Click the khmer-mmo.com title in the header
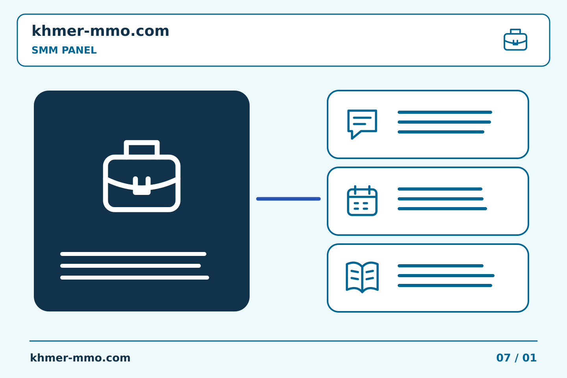pyautogui.click(x=100, y=31)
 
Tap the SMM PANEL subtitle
pyautogui.click(x=64, y=50)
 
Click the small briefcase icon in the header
pyautogui.click(x=515, y=40)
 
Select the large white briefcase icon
pyautogui.click(x=142, y=176)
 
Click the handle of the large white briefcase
pyautogui.click(x=142, y=142)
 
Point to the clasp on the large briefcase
pyautogui.click(x=142, y=186)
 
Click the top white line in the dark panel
pyautogui.click(x=133, y=254)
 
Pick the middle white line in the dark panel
pyautogui.click(x=130, y=266)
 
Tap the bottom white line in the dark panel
pyautogui.click(x=134, y=278)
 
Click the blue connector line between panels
pyautogui.click(x=288, y=199)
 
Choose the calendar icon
pyautogui.click(x=362, y=200)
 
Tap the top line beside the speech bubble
pyautogui.click(x=445, y=112)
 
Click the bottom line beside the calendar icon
pyautogui.click(x=442, y=209)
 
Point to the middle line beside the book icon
pyautogui.click(x=446, y=276)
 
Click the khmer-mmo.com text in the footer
pyautogui.click(x=80, y=358)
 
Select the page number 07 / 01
pyautogui.click(x=516, y=358)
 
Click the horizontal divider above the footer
pyautogui.click(x=283, y=341)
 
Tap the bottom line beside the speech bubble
pyautogui.click(x=441, y=132)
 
